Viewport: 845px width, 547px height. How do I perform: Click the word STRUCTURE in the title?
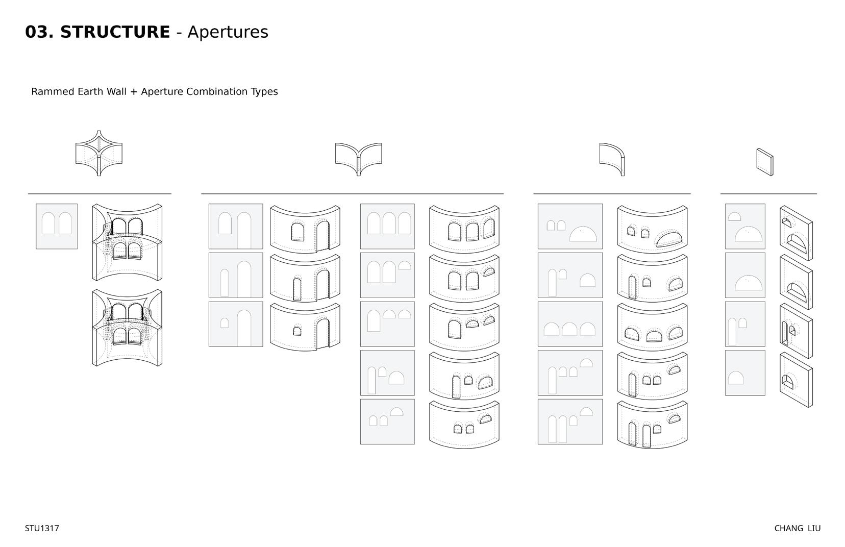pyautogui.click(x=115, y=32)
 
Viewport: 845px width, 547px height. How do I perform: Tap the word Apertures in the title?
pyautogui.click(x=228, y=32)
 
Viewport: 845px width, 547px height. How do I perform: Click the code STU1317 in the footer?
pyautogui.click(x=42, y=529)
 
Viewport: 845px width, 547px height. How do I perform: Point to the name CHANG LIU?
pyautogui.click(x=797, y=529)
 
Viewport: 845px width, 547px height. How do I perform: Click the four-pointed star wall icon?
pyautogui.click(x=98, y=153)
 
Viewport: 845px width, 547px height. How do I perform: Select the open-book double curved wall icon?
pyautogui.click(x=358, y=159)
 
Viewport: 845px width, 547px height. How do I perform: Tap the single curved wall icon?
pyautogui.click(x=612, y=159)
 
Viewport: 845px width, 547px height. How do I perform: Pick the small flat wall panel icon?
pyautogui.click(x=764, y=162)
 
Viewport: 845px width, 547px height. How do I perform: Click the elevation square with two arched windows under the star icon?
pyautogui.click(x=57, y=227)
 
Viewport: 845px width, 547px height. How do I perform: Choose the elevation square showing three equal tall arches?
pyautogui.click(x=387, y=227)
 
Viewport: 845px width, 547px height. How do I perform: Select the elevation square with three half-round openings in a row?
pyautogui.click(x=570, y=324)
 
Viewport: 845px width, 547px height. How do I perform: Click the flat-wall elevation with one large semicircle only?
pyautogui.click(x=745, y=275)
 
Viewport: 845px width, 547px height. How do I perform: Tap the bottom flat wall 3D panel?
pyautogui.click(x=796, y=380)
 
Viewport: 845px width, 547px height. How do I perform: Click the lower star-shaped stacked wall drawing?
pyautogui.click(x=127, y=328)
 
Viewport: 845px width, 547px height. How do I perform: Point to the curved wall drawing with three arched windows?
pyautogui.click(x=464, y=227)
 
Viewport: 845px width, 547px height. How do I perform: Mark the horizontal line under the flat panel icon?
pyautogui.click(x=768, y=194)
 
